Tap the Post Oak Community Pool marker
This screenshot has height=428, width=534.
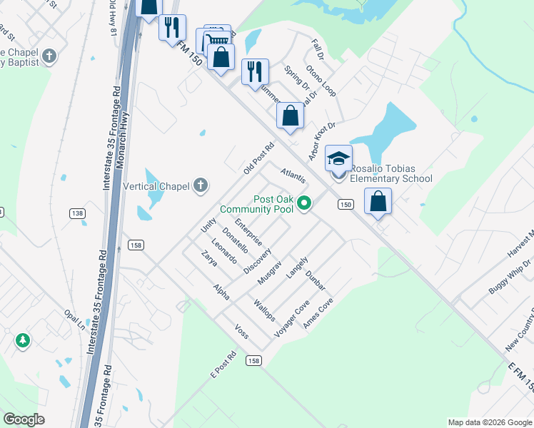(304, 204)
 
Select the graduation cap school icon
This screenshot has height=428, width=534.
(339, 158)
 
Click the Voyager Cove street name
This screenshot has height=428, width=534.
(292, 317)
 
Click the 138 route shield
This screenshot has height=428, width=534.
(78, 213)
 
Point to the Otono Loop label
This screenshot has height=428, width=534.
(321, 81)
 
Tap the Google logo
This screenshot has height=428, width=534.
(24, 419)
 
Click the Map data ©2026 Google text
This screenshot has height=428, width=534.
(489, 422)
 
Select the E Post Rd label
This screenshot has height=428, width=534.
(223, 365)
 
